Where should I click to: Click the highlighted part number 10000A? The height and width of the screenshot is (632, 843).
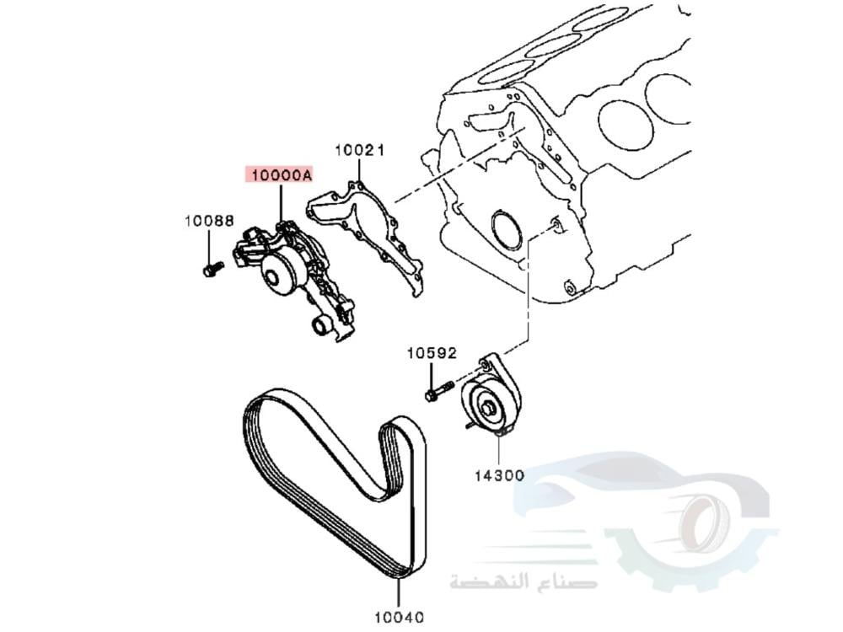pyautogui.click(x=279, y=175)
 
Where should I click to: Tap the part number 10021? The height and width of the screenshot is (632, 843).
pyautogui.click(x=359, y=151)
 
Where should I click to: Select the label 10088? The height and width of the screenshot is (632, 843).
pyautogui.click(x=209, y=221)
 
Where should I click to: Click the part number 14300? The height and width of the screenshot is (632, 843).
pyautogui.click(x=498, y=475)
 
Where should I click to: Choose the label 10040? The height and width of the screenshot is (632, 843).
pyautogui.click(x=399, y=617)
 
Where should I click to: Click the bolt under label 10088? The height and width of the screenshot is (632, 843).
pyautogui.click(x=211, y=270)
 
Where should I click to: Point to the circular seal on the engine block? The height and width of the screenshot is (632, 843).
pyautogui.click(x=508, y=232)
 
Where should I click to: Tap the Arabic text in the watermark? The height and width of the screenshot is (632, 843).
pyautogui.click(x=523, y=581)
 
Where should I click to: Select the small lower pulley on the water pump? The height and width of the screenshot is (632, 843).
pyautogui.click(x=320, y=327)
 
